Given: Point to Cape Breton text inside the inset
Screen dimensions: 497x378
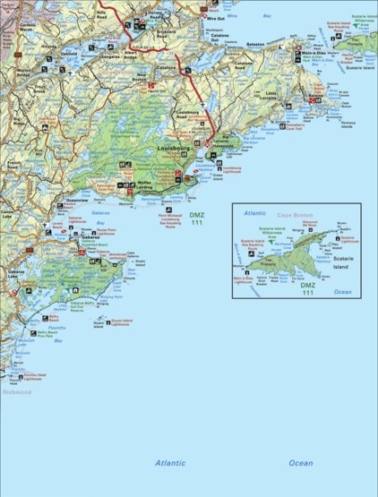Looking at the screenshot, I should pos(293,215).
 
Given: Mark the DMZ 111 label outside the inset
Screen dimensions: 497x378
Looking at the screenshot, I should pos(196,219).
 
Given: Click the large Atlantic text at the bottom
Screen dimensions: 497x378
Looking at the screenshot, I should pos(170,462).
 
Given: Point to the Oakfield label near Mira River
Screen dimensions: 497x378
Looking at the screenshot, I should pos(68,54).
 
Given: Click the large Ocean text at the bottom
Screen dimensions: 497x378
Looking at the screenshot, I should pos(300,462).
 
